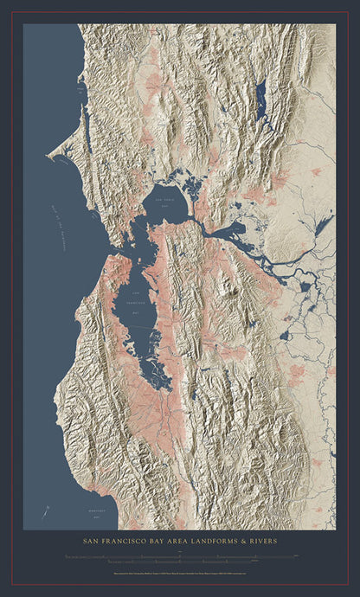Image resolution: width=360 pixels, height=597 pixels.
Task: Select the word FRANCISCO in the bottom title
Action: click(x=131, y=542)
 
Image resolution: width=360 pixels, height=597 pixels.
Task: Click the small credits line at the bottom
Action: click(x=179, y=573)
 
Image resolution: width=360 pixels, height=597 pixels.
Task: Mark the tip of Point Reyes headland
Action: click(x=50, y=157)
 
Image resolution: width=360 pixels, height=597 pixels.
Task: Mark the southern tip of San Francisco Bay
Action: click(x=164, y=384)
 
